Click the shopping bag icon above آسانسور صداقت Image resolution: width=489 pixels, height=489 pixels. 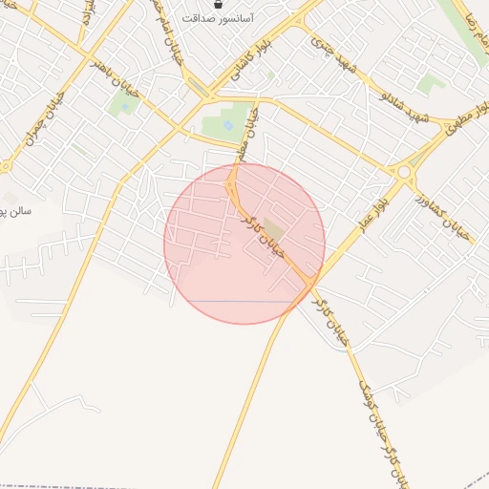pyautogui.click(x=219, y=4)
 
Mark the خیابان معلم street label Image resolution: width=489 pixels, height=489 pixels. pyautogui.click(x=249, y=133)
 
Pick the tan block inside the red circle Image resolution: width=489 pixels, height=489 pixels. pyautogui.click(x=274, y=229)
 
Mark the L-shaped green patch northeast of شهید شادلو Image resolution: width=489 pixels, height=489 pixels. pyautogui.click(x=431, y=84)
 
